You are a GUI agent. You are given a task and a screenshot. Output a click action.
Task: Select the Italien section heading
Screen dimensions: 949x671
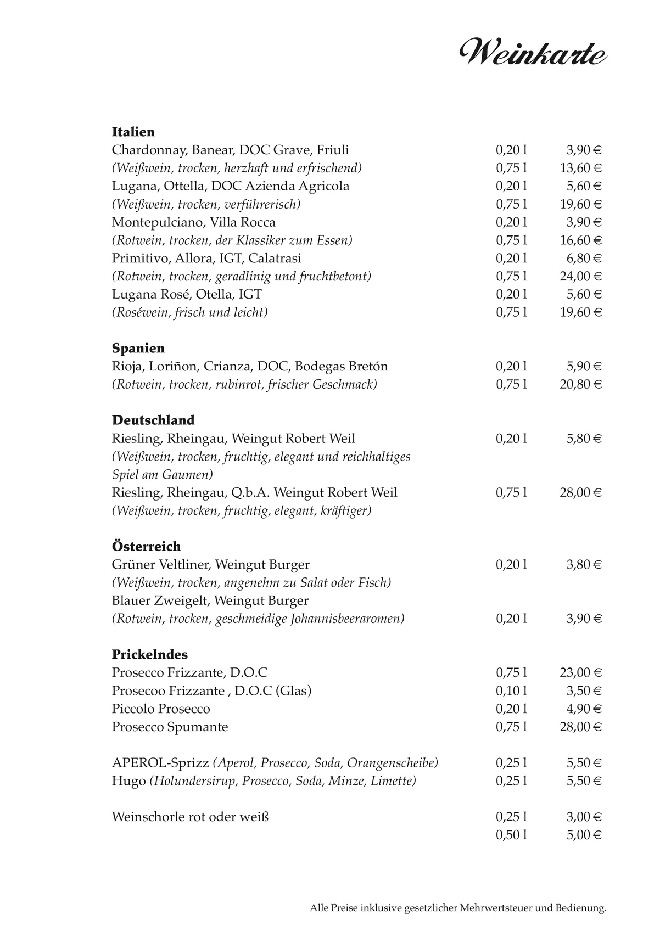pos(133,132)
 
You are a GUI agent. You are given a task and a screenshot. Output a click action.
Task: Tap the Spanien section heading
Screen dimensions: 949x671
pos(138,348)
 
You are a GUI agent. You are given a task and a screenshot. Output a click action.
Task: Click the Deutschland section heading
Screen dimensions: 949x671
pos(153,420)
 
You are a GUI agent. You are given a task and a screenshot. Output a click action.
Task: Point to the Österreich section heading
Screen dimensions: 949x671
pos(146,546)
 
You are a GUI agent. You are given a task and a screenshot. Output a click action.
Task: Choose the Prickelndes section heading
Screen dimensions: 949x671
pos(150,654)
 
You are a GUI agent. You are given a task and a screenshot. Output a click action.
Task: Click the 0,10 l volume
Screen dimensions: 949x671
pos(511,690)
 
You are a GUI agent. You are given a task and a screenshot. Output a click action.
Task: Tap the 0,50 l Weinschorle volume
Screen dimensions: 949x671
pos(511,835)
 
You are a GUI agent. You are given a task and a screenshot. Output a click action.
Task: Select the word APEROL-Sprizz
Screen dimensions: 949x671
pos(160,763)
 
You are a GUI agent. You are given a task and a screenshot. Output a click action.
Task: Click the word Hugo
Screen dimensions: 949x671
pos(128,781)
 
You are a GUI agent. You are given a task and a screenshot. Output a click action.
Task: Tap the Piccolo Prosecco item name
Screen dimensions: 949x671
pos(161,709)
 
